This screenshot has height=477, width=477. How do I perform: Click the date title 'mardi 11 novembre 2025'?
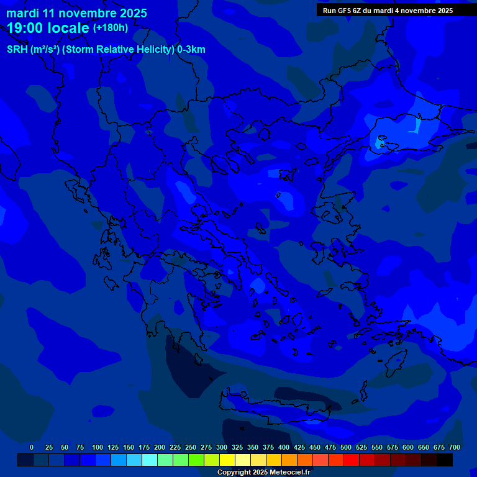pyautogui.click(x=76, y=13)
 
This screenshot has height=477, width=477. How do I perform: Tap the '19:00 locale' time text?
pyautogui.click(x=48, y=28)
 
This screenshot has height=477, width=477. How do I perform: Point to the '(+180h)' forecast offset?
pyautogui.click(x=111, y=28)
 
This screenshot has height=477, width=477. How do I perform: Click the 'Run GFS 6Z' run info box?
pyautogui.click(x=388, y=11)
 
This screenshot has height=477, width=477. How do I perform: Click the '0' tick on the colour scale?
pyautogui.click(x=32, y=447)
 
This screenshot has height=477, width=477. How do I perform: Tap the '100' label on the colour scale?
pyautogui.click(x=98, y=447)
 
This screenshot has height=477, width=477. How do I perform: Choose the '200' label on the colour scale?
pyautogui.click(x=160, y=447)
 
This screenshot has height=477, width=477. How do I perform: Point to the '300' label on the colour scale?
pyautogui.click(x=222, y=447)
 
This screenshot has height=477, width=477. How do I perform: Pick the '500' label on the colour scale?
pyautogui.click(x=346, y=447)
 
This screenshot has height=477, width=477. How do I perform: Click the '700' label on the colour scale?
pyautogui.click(x=454, y=447)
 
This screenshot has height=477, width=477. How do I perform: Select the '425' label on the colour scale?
pyautogui.click(x=299, y=447)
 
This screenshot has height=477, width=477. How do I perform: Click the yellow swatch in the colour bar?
pyautogui.click(x=227, y=460)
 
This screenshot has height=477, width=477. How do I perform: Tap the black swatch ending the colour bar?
pyautogui.click(x=445, y=460)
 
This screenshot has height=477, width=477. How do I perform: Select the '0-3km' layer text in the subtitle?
pyautogui.click(x=191, y=50)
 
